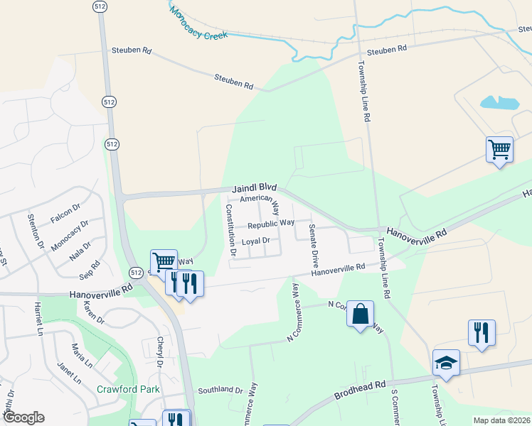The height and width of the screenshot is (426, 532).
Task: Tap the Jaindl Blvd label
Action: click(254, 190)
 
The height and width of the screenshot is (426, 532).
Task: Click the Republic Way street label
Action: click(271, 224)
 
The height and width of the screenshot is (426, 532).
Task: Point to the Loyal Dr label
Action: click(256, 241)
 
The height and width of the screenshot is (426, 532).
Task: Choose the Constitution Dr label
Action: click(230, 229)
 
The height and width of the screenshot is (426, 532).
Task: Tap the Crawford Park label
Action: click(129, 389)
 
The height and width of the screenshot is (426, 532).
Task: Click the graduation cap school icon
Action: click(446, 363)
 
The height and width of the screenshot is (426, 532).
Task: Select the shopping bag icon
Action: click(361, 314)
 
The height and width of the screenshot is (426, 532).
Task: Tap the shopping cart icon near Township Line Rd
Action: click(500, 150)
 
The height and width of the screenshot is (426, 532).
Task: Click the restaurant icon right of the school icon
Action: click(482, 332)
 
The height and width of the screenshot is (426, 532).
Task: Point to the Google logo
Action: click(23, 417)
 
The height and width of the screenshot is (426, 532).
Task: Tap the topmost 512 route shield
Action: click(99, 6)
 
